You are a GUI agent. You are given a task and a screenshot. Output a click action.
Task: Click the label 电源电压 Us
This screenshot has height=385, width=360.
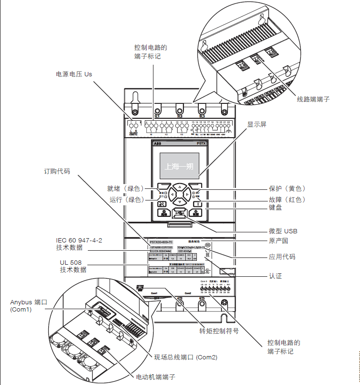74,74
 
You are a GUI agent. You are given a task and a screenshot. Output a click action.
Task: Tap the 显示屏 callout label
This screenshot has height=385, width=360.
257,124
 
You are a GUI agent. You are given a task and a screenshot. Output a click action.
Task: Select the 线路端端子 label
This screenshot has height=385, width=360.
313,99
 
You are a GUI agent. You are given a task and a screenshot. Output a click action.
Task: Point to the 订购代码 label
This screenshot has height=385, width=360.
57,171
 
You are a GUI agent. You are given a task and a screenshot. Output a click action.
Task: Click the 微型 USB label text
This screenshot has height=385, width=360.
287,230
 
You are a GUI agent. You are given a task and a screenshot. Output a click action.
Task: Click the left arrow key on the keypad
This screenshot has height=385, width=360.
171,195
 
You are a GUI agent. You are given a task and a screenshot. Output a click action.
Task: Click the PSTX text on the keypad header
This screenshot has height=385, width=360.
203,143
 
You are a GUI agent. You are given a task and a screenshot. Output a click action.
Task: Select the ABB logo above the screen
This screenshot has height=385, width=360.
157,143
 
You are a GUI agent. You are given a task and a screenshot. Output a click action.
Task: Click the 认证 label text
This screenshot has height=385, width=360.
275,276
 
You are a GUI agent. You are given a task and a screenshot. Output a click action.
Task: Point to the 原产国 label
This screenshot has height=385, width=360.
278,241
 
